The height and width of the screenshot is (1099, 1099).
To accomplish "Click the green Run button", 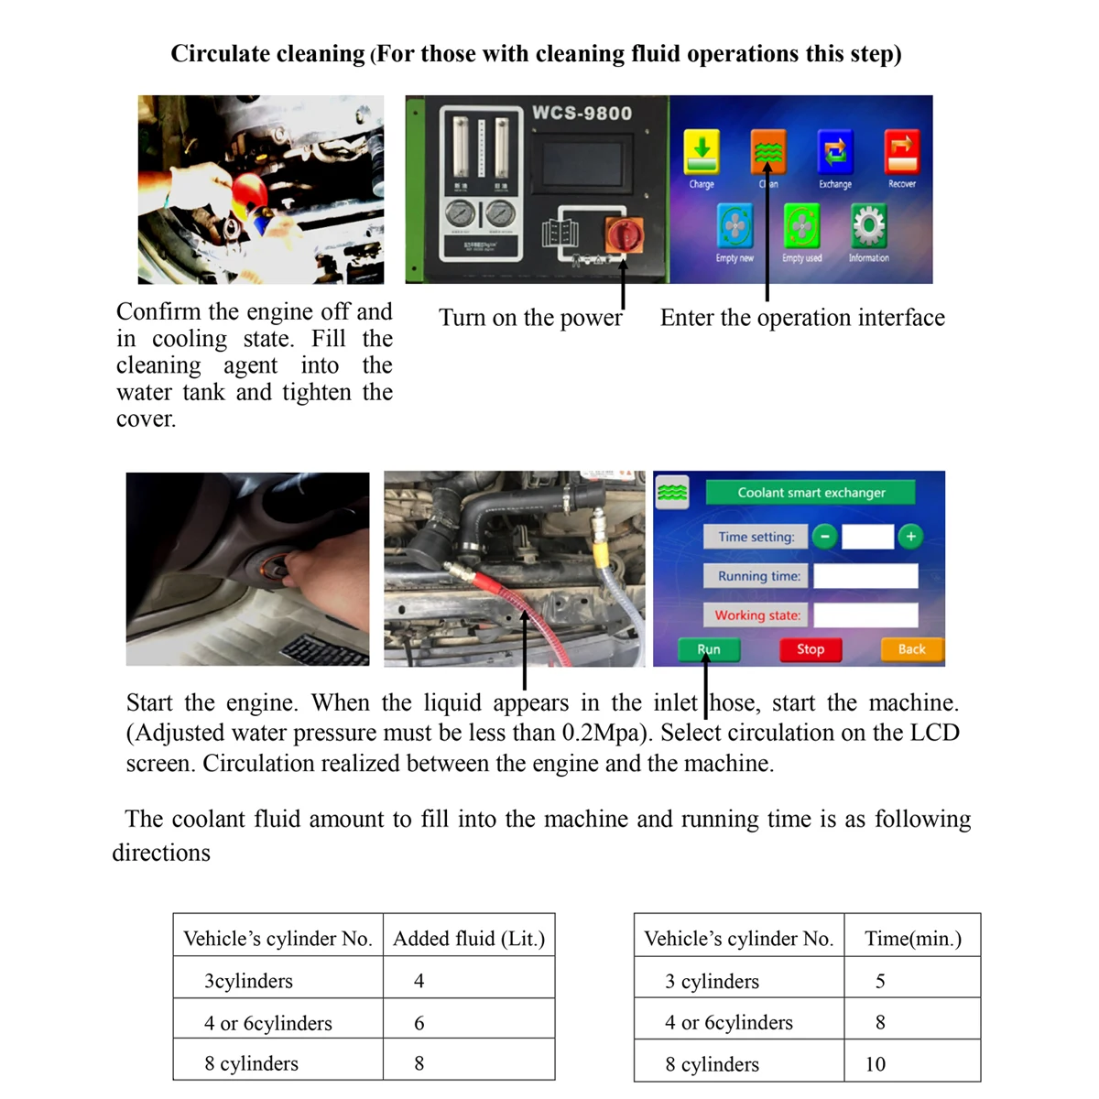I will click(x=709, y=649).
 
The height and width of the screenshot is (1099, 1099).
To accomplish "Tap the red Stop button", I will click(x=810, y=649).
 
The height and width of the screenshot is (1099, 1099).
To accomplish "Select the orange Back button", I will click(x=911, y=649).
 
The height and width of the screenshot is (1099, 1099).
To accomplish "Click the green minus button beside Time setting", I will click(x=824, y=537).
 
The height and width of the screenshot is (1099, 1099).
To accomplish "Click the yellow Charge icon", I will click(x=702, y=152).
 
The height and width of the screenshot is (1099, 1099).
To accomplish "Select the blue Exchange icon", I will click(x=834, y=152).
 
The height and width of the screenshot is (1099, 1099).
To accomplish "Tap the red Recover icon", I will click(x=901, y=152).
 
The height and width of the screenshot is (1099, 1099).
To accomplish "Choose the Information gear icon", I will click(x=868, y=225).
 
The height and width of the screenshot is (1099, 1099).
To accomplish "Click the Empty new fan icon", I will click(x=734, y=225).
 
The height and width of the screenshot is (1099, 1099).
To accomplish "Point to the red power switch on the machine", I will click(x=625, y=234).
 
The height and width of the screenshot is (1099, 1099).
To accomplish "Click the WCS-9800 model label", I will click(x=582, y=114).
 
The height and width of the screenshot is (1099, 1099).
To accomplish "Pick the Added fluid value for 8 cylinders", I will click(x=419, y=1063).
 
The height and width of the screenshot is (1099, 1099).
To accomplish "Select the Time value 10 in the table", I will click(x=876, y=1064).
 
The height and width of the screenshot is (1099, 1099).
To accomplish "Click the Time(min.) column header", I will click(x=913, y=939).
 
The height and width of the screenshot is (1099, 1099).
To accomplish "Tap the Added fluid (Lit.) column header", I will click(x=469, y=939).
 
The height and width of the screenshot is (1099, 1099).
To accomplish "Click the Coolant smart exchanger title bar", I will click(x=811, y=493).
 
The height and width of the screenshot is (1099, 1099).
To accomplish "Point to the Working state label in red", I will click(x=757, y=615).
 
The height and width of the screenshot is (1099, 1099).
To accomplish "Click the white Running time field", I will click(x=865, y=576).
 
